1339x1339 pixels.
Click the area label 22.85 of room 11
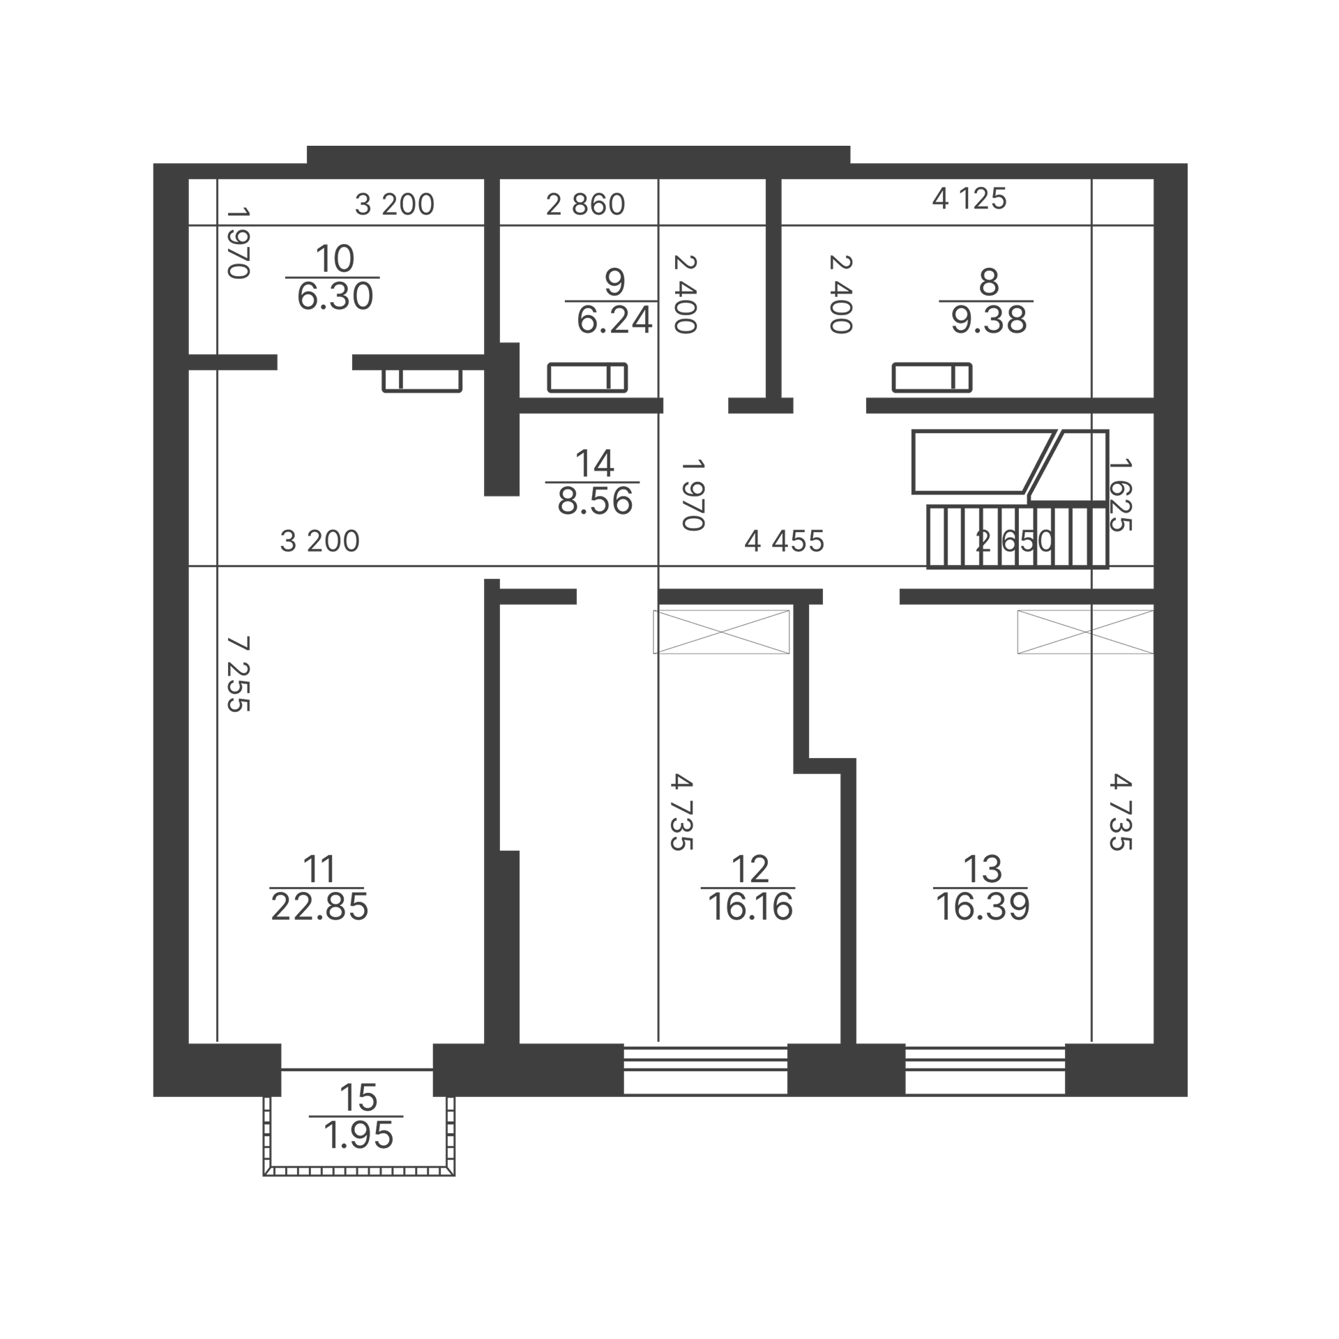pyautogui.click(x=319, y=907)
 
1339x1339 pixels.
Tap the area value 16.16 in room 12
pyautogui.click(x=750, y=907)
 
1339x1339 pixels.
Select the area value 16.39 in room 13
pyautogui.click(x=983, y=907)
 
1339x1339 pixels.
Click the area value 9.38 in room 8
pyautogui.click(x=989, y=321)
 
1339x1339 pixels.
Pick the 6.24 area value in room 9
pyautogui.click(x=614, y=321)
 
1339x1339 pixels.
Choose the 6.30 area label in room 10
pyautogui.click(x=335, y=297)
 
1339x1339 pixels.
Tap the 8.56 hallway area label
pyautogui.click(x=595, y=501)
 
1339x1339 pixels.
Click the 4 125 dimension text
pyautogui.click(x=969, y=199)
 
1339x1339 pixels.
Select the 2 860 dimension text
pyautogui.click(x=585, y=204)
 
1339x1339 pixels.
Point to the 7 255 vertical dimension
pyautogui.click(x=239, y=674)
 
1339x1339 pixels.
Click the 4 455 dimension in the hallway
pyautogui.click(x=785, y=541)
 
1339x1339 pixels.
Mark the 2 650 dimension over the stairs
pyautogui.click(x=1015, y=541)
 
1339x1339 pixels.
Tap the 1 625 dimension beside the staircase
pyautogui.click(x=1119, y=494)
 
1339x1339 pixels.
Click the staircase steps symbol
pyautogui.click(x=1018, y=537)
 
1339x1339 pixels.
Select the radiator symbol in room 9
pyautogui.click(x=587, y=377)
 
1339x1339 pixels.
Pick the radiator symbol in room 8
pyautogui.click(x=932, y=377)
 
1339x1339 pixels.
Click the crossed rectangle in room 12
pyautogui.click(x=721, y=632)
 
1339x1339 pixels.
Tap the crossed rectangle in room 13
pyautogui.click(x=1085, y=632)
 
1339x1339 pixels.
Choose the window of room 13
pyautogui.click(x=985, y=1070)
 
